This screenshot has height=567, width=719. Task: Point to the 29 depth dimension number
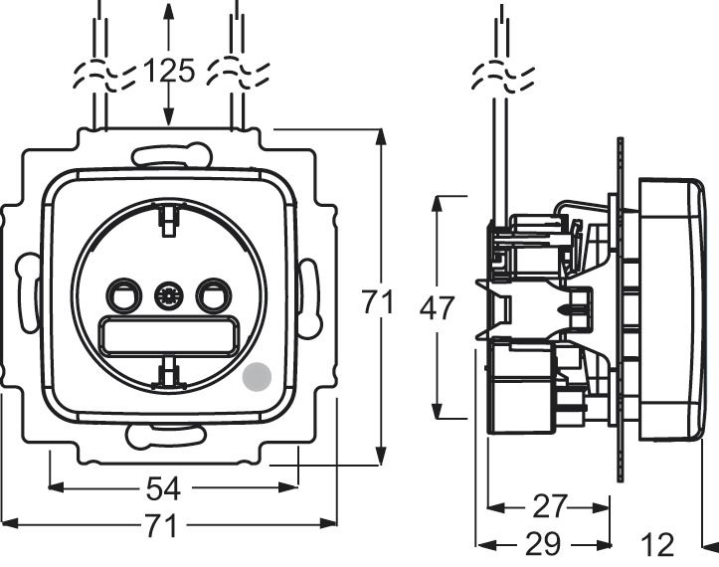(541, 544)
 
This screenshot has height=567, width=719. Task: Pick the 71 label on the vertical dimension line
(377, 301)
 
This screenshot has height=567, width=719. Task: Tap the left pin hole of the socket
(122, 294)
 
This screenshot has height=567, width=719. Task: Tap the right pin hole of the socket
(212, 294)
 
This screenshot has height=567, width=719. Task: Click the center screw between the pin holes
(167, 295)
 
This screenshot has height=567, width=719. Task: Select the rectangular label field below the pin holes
(167, 334)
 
